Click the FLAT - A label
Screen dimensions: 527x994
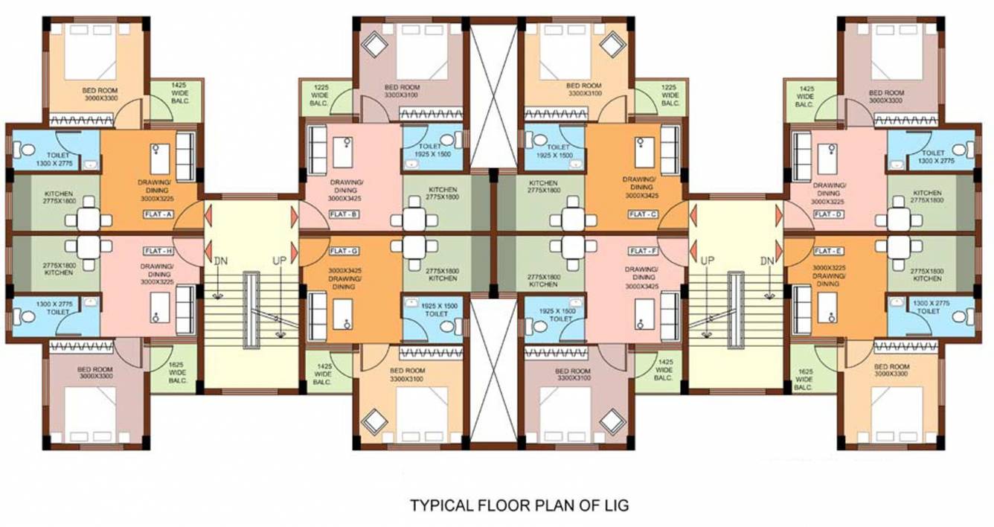pyautogui.click(x=158, y=214)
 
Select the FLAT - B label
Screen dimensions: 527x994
pyautogui.click(x=344, y=214)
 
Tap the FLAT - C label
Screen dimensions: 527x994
pyautogui.click(x=642, y=214)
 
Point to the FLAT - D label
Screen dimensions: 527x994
pyautogui.click(x=828, y=214)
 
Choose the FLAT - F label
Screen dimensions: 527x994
pyautogui.click(x=642, y=251)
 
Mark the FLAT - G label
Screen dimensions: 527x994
pyautogui.click(x=344, y=251)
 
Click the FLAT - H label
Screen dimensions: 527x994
pyautogui.click(x=158, y=251)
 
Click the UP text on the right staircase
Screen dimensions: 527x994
pyautogui.click(x=707, y=261)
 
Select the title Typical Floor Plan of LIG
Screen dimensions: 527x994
pyautogui.click(x=519, y=505)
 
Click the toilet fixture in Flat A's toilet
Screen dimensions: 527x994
pyautogui.click(x=27, y=150)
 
